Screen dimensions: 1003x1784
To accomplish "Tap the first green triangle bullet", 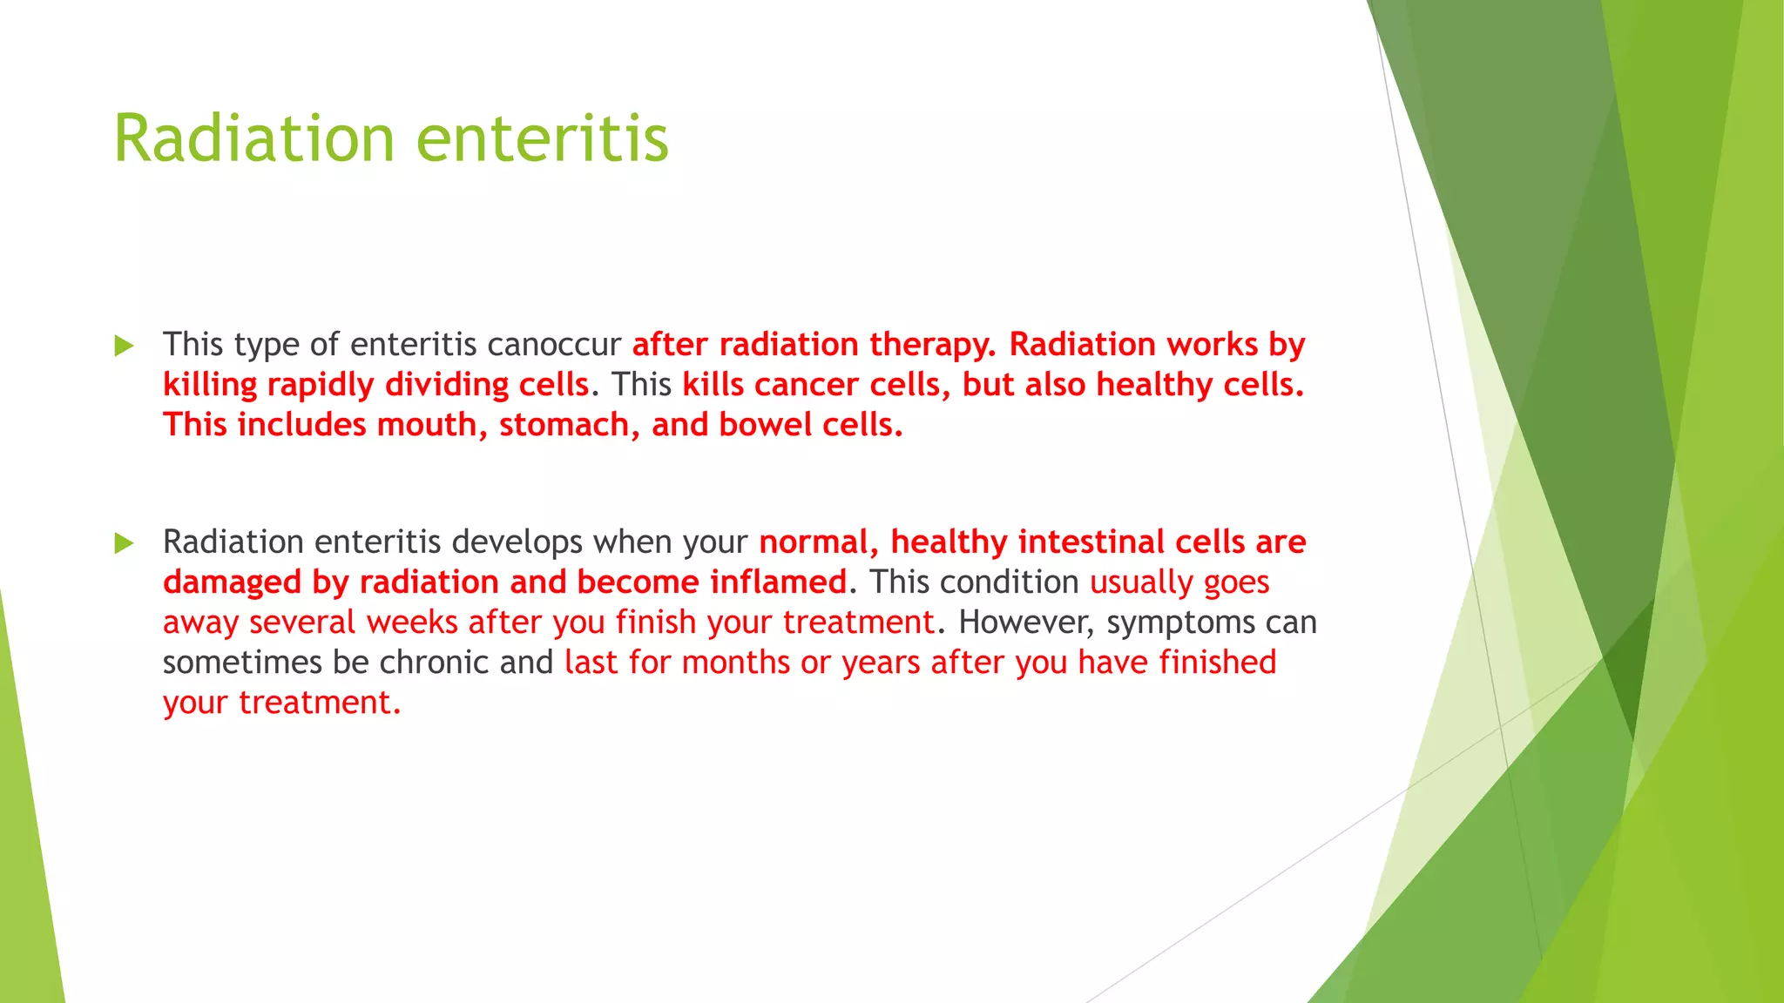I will coord(124,347).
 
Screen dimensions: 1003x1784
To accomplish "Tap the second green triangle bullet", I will coord(124,544).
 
